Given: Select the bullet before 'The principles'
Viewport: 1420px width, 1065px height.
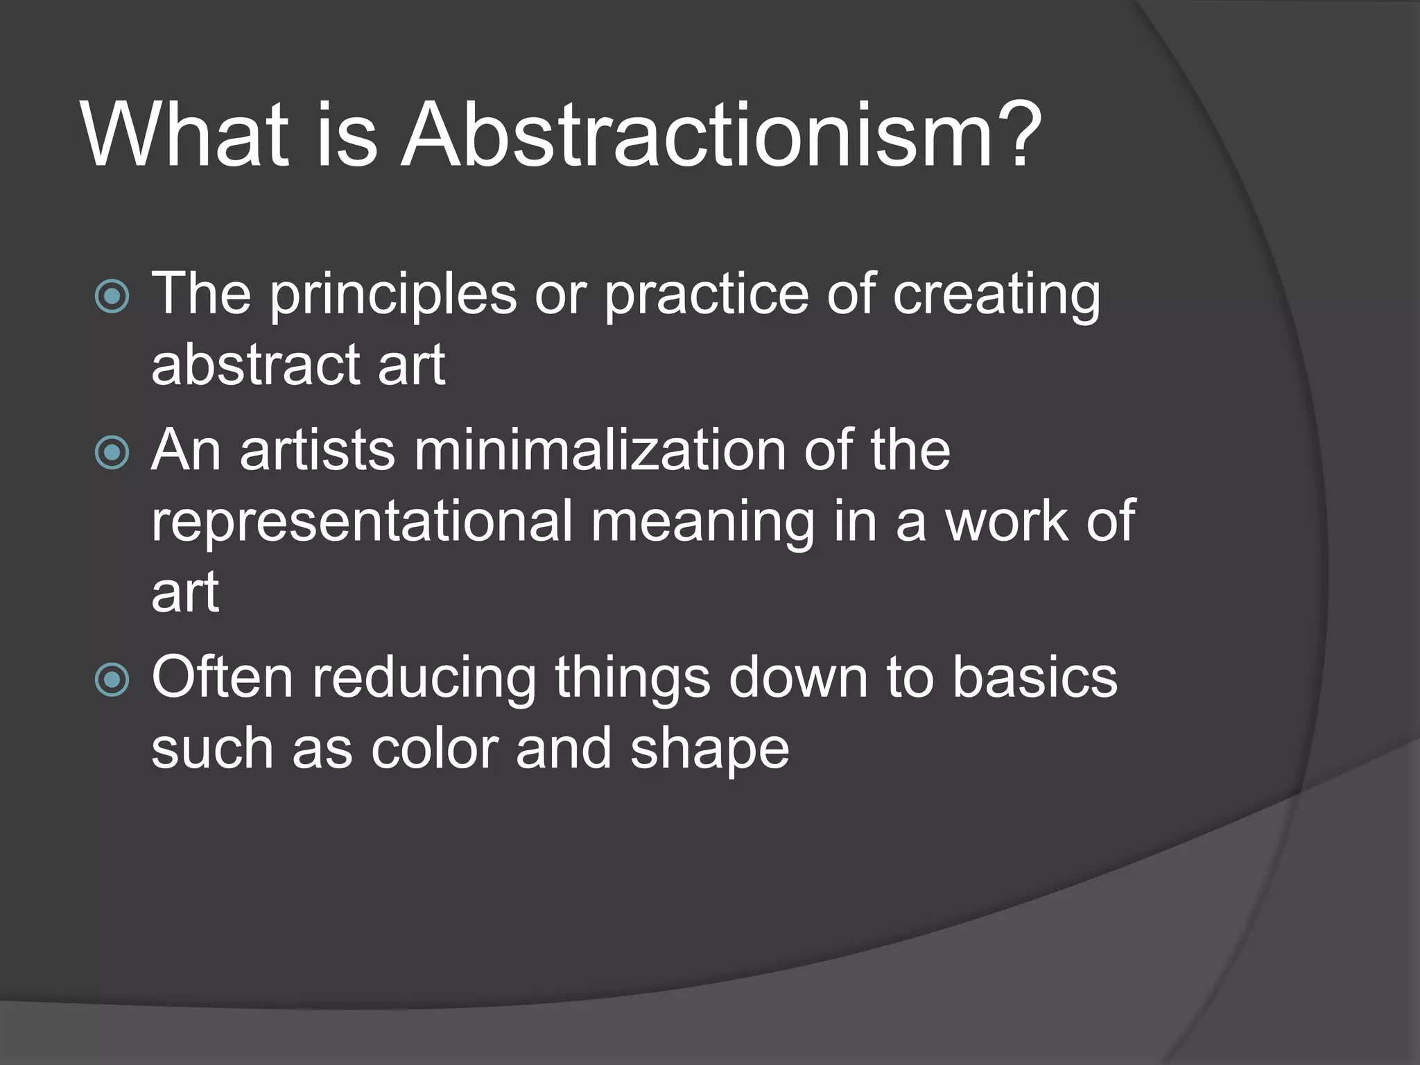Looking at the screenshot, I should coord(112,297).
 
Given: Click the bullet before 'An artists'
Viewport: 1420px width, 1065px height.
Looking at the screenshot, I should coord(112,453).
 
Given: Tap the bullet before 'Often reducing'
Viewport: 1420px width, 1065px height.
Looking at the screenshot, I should coord(112,679).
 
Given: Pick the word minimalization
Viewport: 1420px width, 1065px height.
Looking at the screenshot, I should coord(600,451).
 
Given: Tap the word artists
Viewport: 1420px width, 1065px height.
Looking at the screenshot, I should coord(318,451).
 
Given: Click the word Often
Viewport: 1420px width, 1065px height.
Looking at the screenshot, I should coord(222,677).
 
